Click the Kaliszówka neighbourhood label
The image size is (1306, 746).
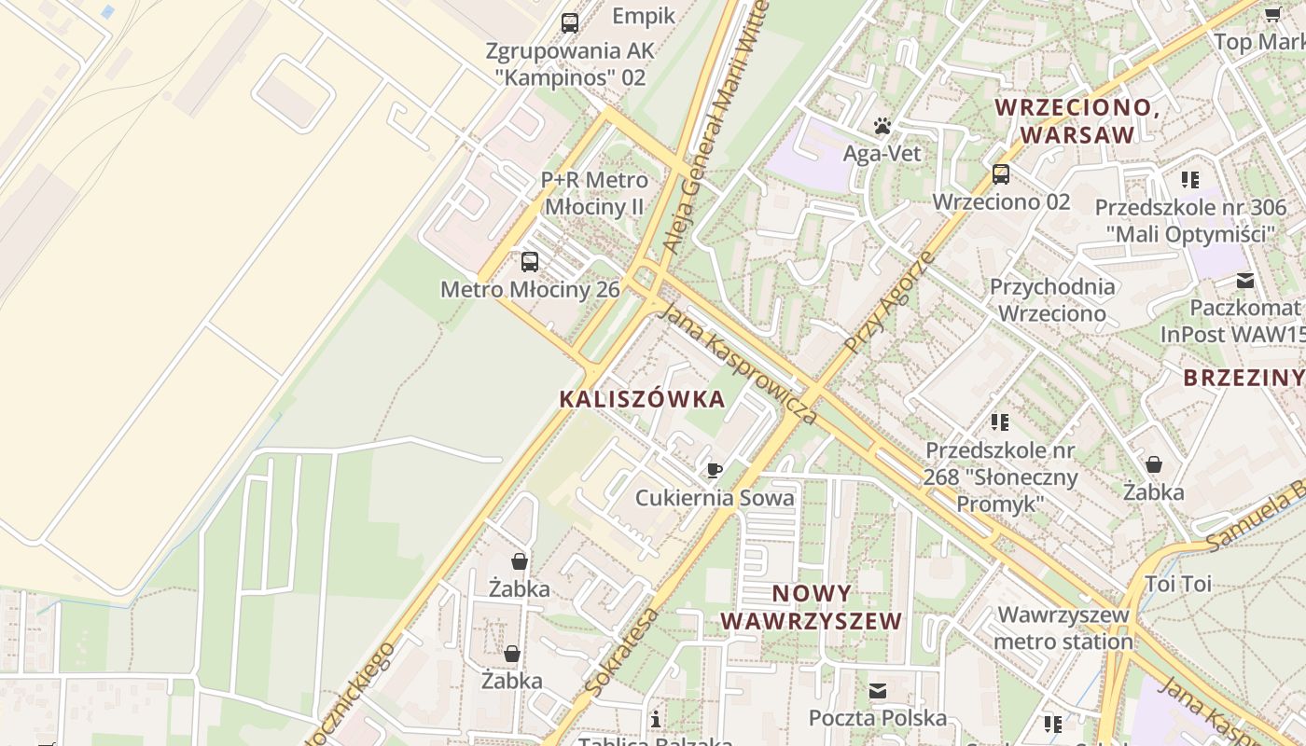[x=642, y=399]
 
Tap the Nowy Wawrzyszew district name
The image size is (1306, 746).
[x=812, y=607]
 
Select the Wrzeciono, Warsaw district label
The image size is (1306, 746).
[x=1077, y=121]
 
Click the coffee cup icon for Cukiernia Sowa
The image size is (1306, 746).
[x=715, y=471]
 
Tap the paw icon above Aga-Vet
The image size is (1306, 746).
[x=882, y=126]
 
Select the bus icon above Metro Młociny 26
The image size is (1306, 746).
[x=530, y=262]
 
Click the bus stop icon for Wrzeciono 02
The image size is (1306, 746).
[x=1001, y=174]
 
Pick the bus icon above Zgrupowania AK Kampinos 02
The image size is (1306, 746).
[x=569, y=23]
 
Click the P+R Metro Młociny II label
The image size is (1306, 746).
[x=594, y=193]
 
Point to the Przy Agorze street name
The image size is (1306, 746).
[x=888, y=301]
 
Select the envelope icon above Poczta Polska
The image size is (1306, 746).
[x=878, y=691]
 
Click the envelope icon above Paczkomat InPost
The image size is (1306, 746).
[x=1245, y=280]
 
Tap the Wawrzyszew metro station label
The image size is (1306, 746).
[x=1063, y=628]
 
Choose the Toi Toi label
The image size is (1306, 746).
[x=1177, y=585]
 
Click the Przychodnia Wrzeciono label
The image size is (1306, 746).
[x=1052, y=299]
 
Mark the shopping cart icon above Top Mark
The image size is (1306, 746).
[x=1272, y=14]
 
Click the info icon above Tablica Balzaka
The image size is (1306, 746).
[x=656, y=719]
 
